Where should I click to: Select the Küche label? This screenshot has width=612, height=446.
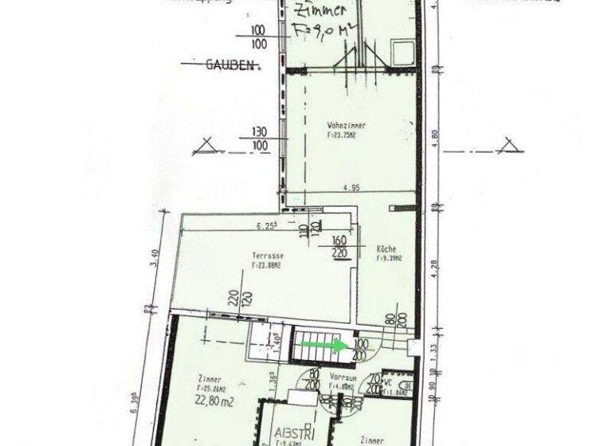[386, 248]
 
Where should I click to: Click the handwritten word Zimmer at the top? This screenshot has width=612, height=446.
[320, 11]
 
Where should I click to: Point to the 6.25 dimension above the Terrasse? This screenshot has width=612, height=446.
[268, 226]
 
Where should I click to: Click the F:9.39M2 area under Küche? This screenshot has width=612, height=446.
[390, 258]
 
